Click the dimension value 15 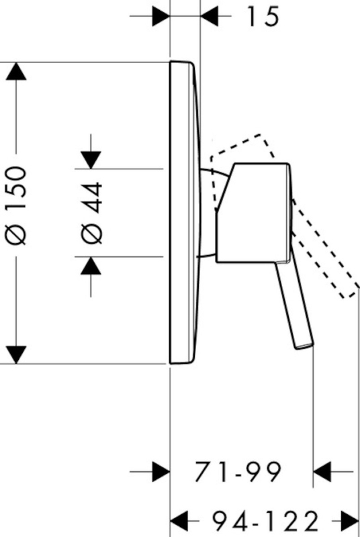(x=263, y=16)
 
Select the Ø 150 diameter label (x=16, y=206)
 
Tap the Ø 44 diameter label (x=91, y=213)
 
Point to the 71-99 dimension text (x=238, y=472)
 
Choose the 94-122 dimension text (x=265, y=522)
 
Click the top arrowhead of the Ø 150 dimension (x=16, y=71)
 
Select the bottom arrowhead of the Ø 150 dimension (x=16, y=355)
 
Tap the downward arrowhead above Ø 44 (x=91, y=160)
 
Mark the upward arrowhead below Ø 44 (x=91, y=265)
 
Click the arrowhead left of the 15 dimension (x=161, y=15)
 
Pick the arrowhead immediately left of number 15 (x=210, y=15)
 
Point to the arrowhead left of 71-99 (x=161, y=472)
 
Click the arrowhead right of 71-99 (x=322, y=472)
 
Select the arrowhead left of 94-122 (x=179, y=522)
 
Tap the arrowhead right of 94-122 (x=350, y=522)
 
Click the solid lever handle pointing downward (x=295, y=305)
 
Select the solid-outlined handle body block (x=254, y=213)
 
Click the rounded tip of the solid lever (x=305, y=346)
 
